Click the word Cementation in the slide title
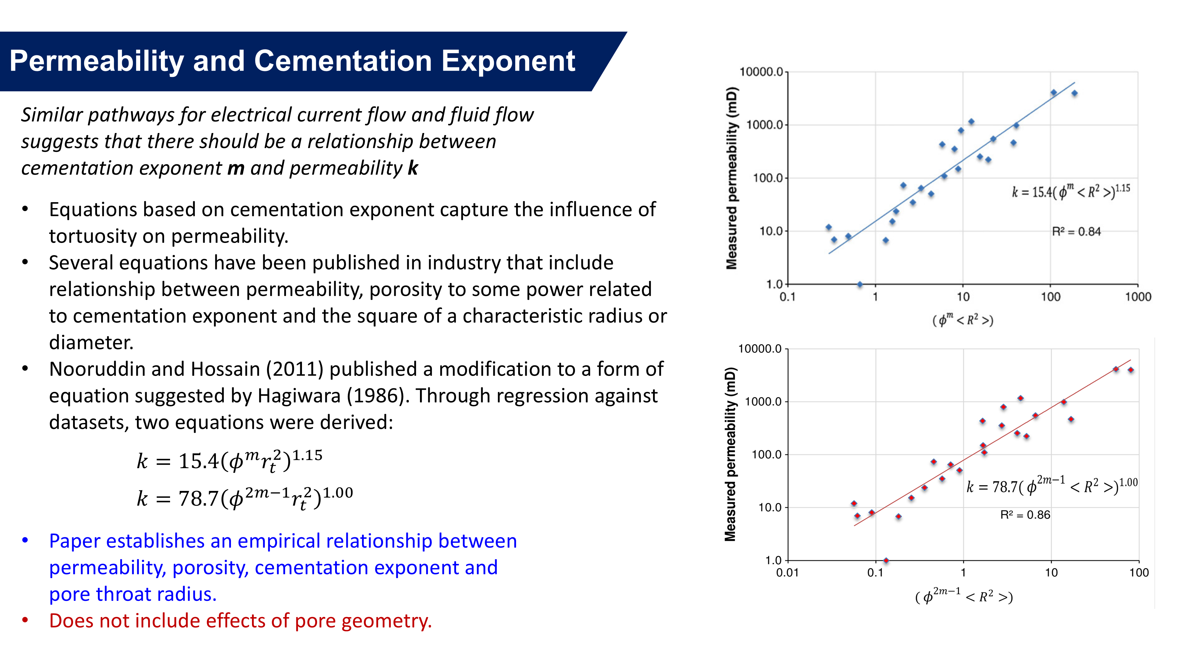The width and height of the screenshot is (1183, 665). pyautogui.click(x=342, y=61)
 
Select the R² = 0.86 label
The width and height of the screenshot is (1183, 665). pyautogui.click(x=1025, y=515)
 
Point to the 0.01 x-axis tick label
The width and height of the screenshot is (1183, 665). pyautogui.click(x=787, y=573)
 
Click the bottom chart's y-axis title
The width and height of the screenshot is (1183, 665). pyautogui.click(x=730, y=454)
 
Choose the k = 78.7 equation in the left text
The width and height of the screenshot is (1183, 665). pyautogui.click(x=245, y=498)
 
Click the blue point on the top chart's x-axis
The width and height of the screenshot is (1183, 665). pyautogui.click(x=860, y=285)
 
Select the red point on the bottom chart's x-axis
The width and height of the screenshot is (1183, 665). pyautogui.click(x=886, y=560)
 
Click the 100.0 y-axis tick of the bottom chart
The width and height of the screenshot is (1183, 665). pyautogui.click(x=766, y=455)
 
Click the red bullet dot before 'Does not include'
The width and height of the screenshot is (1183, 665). pyautogui.click(x=25, y=620)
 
